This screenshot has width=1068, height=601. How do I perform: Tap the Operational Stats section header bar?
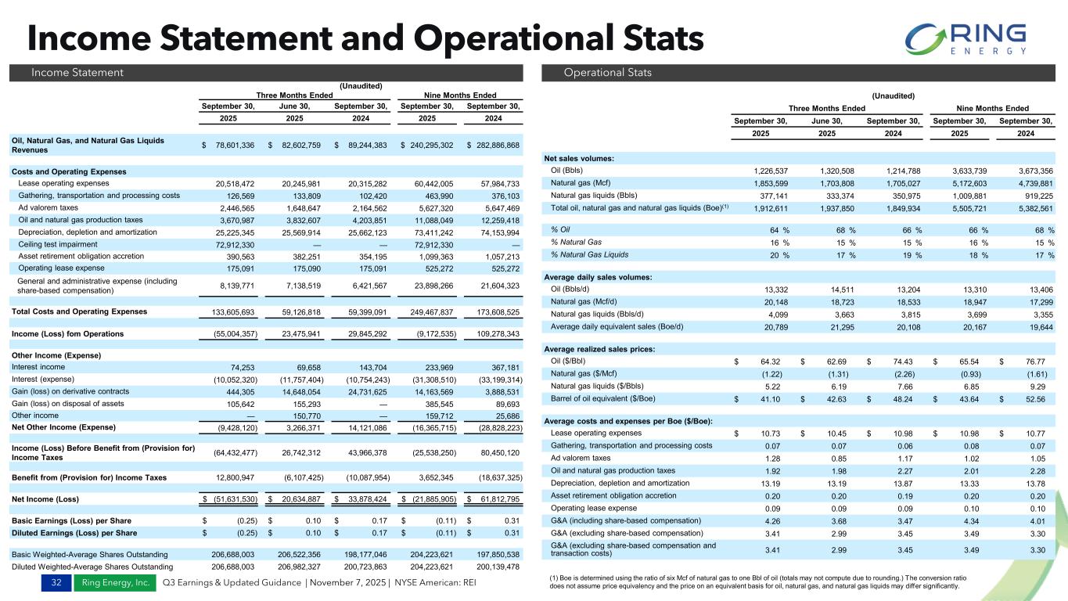[799, 73]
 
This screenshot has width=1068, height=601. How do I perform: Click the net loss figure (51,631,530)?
[232, 498]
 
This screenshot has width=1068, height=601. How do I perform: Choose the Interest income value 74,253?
[246, 367]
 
